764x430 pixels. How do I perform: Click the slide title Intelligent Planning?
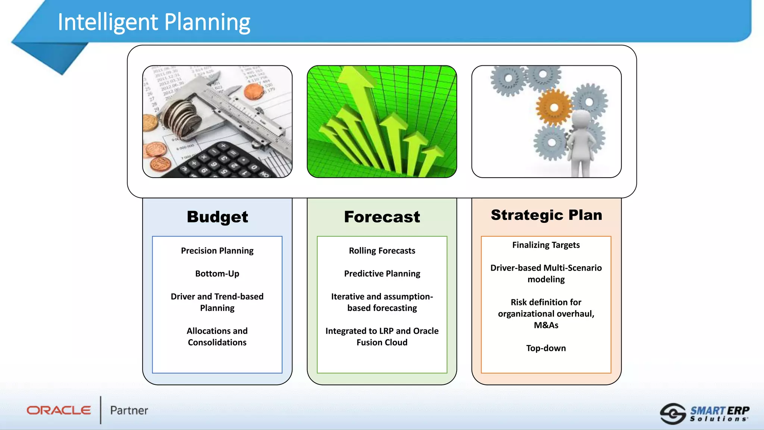coord(154,22)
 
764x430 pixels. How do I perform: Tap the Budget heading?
coord(217,217)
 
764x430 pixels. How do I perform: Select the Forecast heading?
coord(382,217)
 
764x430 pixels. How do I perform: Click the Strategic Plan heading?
coord(546,215)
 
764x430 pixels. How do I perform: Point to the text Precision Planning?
coord(217,250)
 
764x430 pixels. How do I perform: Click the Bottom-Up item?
coord(217,274)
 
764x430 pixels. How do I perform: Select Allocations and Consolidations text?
coord(217,337)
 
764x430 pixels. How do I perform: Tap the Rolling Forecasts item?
coord(382,250)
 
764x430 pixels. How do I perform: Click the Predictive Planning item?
coord(382,274)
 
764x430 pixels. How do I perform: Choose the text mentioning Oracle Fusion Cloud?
coord(382,337)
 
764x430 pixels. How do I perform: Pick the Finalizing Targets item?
coord(546,245)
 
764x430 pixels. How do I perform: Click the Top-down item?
coord(546,348)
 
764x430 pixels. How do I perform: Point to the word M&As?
coord(546,325)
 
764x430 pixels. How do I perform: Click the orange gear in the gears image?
coord(554,108)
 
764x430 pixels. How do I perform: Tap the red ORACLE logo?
coord(59,411)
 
